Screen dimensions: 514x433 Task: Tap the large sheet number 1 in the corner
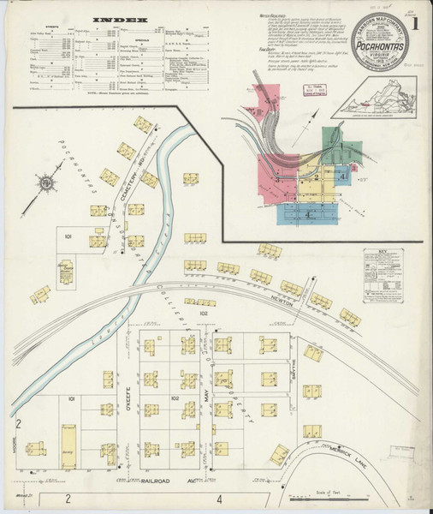pos(415,25)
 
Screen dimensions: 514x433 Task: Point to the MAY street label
pos(206,394)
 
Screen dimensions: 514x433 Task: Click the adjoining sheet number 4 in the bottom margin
pos(219,498)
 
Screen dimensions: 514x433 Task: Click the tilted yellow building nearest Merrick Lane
pos(279,454)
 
